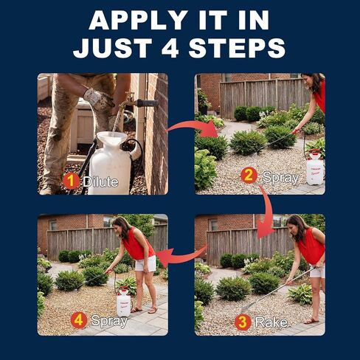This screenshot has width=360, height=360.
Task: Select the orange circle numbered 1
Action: point(72,181)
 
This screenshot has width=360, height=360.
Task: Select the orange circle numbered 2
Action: point(249,176)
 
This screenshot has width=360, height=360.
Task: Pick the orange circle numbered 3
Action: point(242,322)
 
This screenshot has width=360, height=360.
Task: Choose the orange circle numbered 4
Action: point(79,320)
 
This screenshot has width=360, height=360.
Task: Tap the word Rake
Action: point(271,322)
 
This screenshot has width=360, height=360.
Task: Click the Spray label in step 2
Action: point(280,176)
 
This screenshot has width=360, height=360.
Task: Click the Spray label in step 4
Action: point(108,320)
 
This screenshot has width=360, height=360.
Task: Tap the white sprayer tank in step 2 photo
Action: point(315,168)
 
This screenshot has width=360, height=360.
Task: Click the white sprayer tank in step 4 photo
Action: point(123,302)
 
